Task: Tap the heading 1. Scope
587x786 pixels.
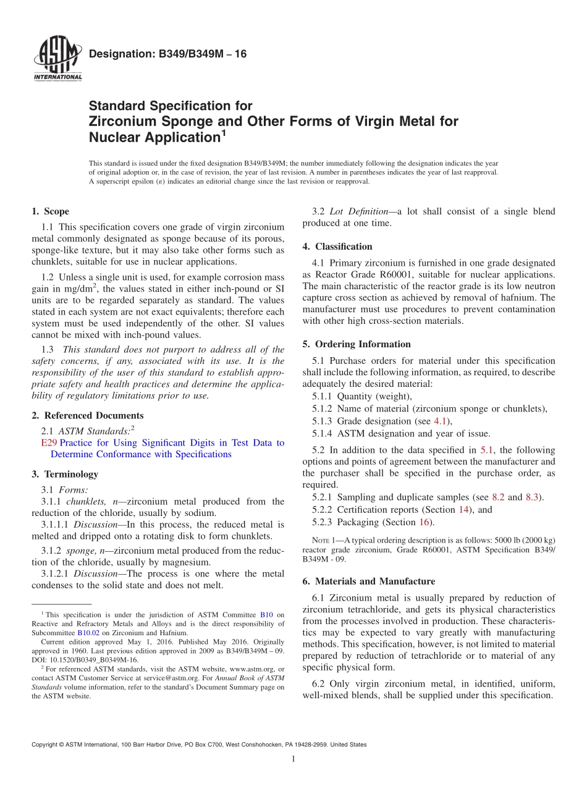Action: pos(51,211)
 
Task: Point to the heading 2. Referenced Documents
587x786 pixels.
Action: pos(87,416)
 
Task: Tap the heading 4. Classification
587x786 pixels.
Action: pos(337,247)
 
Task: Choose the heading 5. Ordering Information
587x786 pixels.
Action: pos(357,344)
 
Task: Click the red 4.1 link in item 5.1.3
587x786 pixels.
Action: pos(439,421)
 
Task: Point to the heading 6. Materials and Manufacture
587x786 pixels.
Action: pos(369,581)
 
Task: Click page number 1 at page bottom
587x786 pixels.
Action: pos(293,759)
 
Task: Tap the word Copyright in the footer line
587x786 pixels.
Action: pos(48,745)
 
